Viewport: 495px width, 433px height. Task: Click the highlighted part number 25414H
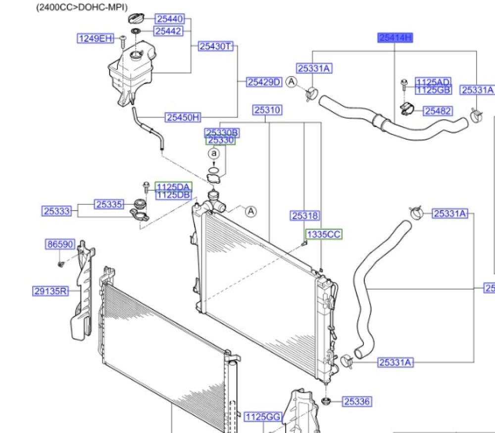coord(395,38)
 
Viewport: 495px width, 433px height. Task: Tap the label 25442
coord(168,31)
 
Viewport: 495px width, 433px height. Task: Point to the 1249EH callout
coord(96,38)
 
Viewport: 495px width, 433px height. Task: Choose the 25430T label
coord(215,46)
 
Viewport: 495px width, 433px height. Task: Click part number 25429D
coord(264,82)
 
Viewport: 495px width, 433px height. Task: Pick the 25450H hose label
coord(183,117)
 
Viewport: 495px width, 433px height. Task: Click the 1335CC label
coord(324,234)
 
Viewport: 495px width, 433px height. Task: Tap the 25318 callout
coord(305,216)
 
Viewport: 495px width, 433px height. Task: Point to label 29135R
coord(50,291)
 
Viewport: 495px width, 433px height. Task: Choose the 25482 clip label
coord(438,111)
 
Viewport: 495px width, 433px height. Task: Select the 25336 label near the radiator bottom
coord(357,401)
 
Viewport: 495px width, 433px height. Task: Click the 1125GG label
coord(263,418)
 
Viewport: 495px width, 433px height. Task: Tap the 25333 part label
coord(56,211)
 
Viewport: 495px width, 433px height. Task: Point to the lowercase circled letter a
coord(214,154)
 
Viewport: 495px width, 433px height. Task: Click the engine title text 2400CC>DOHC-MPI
coord(82,7)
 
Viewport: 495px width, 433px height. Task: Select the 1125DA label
coord(173,186)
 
